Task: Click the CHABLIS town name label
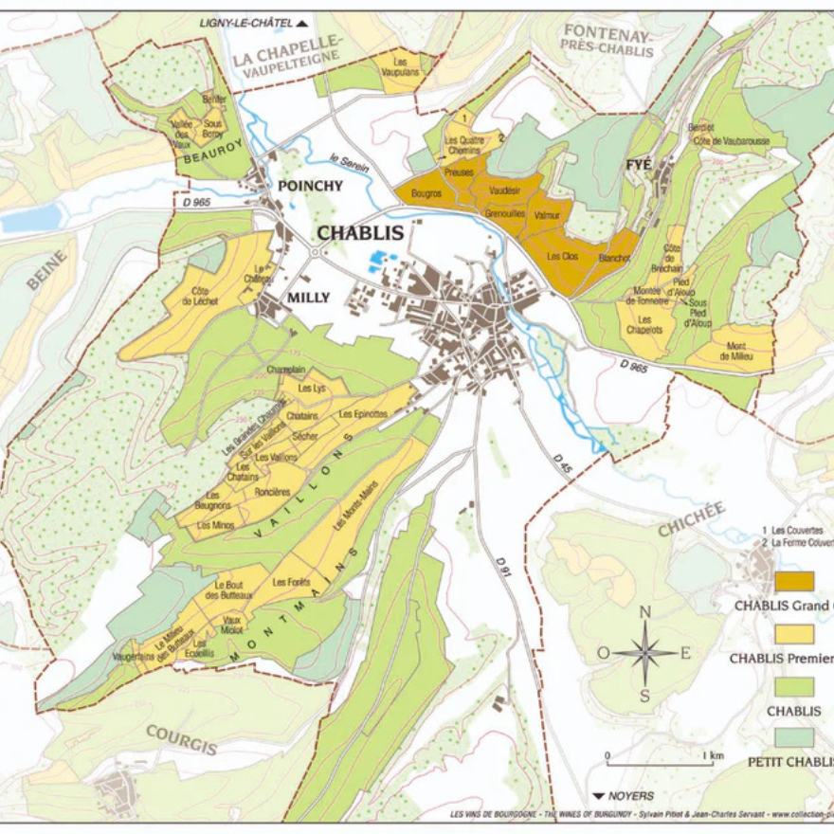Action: coord(360,233)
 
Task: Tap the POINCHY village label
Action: coord(310,186)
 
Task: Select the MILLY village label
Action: coord(308,298)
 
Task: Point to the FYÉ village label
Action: coord(638,165)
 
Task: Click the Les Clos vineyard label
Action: coord(564,256)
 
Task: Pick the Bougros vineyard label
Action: coord(426,193)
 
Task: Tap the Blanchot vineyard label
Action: coord(615,257)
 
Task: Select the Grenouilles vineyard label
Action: coord(505,215)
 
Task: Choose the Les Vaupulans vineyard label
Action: coord(406,68)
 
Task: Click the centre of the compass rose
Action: coord(644,653)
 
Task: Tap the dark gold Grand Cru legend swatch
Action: coord(794,581)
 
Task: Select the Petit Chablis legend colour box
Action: coord(794,736)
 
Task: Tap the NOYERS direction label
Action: coord(623,796)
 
